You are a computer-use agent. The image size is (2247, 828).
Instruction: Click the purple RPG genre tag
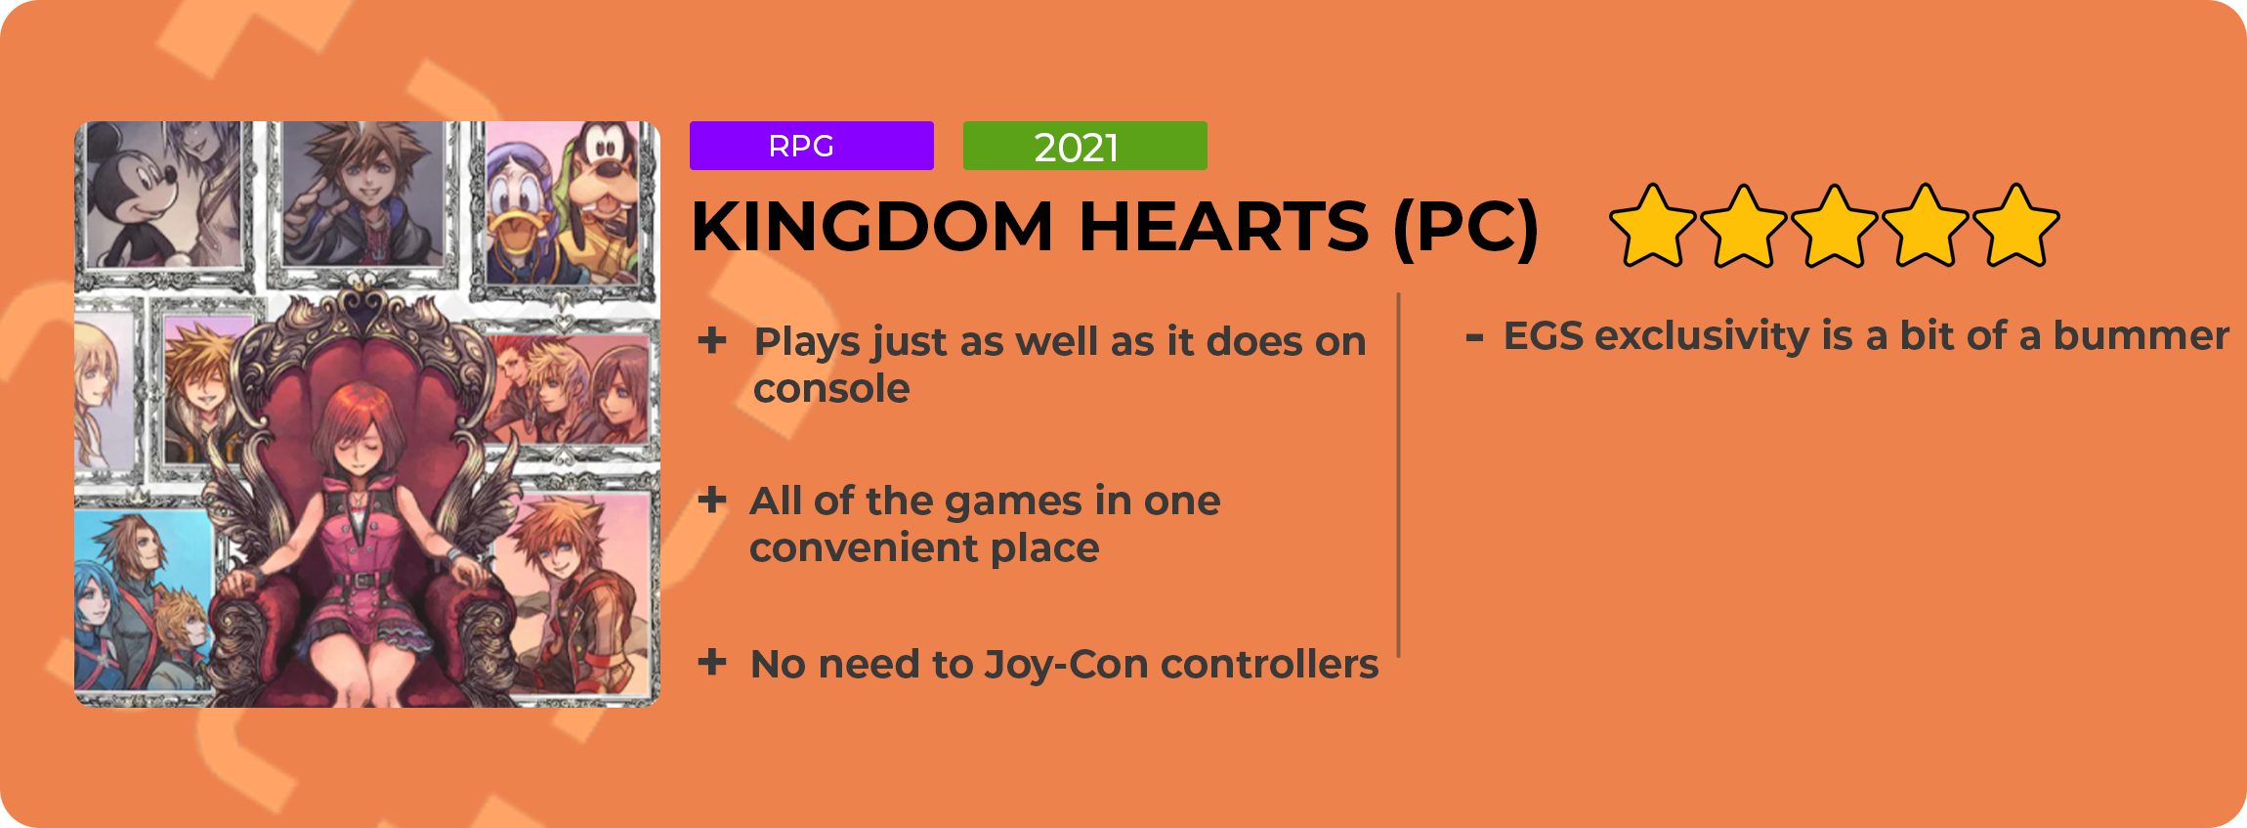tap(811, 146)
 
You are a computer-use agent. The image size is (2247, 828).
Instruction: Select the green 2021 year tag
tap(1084, 146)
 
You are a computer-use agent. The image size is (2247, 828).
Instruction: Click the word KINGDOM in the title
tap(872, 227)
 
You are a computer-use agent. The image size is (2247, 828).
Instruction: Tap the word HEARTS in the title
tap(1224, 227)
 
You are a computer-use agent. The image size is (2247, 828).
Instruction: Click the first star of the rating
tap(1652, 226)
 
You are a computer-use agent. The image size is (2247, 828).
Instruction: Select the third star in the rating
tap(1835, 226)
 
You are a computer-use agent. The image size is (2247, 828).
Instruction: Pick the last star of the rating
tap(2016, 226)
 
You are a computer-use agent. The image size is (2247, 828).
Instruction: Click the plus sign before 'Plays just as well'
tap(712, 340)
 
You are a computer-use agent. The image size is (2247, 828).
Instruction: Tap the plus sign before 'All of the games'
tap(712, 500)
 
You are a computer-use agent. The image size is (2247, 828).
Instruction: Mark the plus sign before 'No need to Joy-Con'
tap(712, 662)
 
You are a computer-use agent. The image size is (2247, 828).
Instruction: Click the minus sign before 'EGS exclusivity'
tap(1475, 338)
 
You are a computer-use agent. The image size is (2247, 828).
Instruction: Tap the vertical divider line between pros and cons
tap(1399, 475)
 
